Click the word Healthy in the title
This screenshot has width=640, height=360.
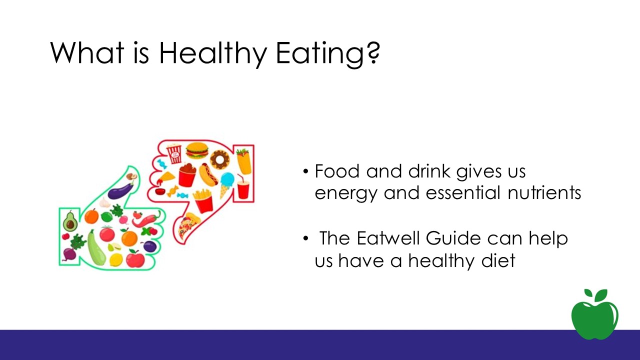(213, 53)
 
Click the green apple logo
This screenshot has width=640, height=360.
(595, 314)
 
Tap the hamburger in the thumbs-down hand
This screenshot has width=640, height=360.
(197, 150)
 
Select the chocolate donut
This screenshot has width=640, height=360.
(220, 160)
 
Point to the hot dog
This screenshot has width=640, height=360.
(208, 174)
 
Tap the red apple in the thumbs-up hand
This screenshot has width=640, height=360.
(135, 258)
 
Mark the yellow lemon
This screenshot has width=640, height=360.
(116, 259)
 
